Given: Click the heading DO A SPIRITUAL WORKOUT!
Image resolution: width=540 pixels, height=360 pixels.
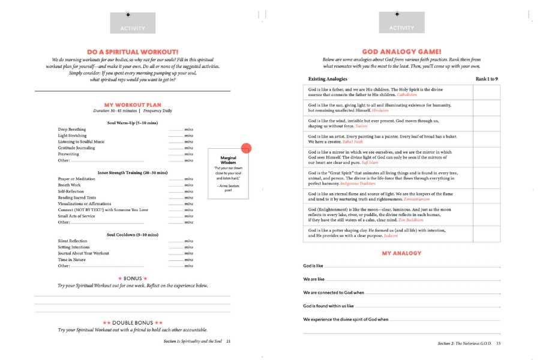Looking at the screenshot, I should pyautogui.click(x=132, y=52).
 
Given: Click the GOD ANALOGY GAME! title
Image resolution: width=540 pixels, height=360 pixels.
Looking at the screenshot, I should pyautogui.click(x=401, y=52).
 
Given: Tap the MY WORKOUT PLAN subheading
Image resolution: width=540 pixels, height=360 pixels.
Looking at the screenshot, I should pyautogui.click(x=132, y=105).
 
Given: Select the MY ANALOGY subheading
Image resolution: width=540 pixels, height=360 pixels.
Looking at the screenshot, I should pyautogui.click(x=401, y=253).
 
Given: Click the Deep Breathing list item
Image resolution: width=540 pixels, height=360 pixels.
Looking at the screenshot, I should pyautogui.click(x=70, y=130).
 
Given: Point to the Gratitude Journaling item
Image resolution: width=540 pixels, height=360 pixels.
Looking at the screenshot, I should pyautogui.click(x=76, y=148).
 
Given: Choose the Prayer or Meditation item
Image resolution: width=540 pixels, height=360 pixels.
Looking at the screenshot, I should pyautogui.click(x=76, y=179).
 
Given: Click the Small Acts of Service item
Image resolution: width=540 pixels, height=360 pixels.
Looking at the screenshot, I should pyautogui.click(x=77, y=216).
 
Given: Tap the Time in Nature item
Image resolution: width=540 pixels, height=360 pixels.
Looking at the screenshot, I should pyautogui.click(x=71, y=259).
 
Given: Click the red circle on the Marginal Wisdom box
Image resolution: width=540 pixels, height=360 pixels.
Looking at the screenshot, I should pyautogui.click(x=246, y=149).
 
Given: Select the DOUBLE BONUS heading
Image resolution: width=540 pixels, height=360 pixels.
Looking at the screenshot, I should pyautogui.click(x=132, y=323).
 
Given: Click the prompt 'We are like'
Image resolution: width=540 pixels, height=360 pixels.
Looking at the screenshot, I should pyautogui.click(x=314, y=279).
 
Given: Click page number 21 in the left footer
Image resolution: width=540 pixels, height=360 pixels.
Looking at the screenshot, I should pyautogui.click(x=229, y=341).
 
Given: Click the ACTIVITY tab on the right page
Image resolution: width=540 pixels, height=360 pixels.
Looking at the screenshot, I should pyautogui.click(x=401, y=28).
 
